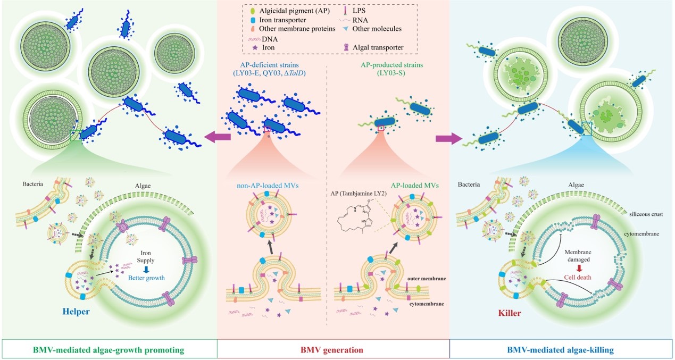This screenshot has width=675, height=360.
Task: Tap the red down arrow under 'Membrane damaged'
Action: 579,267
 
